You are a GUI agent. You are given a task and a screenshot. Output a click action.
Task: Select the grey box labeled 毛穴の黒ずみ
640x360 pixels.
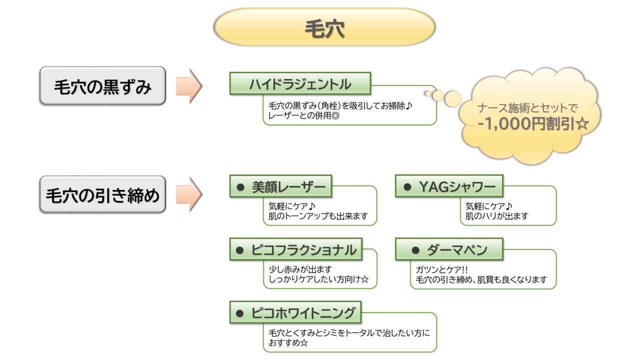tap(102, 86)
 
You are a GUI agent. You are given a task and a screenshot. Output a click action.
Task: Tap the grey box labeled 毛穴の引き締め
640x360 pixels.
tap(102, 194)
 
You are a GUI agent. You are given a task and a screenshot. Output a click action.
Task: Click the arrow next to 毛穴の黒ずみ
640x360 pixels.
tap(189, 86)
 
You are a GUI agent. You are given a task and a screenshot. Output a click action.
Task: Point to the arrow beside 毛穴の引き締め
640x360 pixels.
tap(189, 194)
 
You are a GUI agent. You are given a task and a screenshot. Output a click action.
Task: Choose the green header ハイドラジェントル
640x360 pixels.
tap(300, 83)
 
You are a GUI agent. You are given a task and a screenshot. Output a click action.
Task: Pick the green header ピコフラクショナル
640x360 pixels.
tap(297, 249)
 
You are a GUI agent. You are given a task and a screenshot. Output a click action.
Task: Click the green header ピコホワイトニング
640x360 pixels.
tap(296, 313)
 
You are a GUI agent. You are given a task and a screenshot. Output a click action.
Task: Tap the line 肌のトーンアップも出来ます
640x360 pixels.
tap(318, 216)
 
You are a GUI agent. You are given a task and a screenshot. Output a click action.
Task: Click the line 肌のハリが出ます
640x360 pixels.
tap(496, 216)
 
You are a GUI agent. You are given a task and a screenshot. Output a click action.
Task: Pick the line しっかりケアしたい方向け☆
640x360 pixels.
tap(318, 279)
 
